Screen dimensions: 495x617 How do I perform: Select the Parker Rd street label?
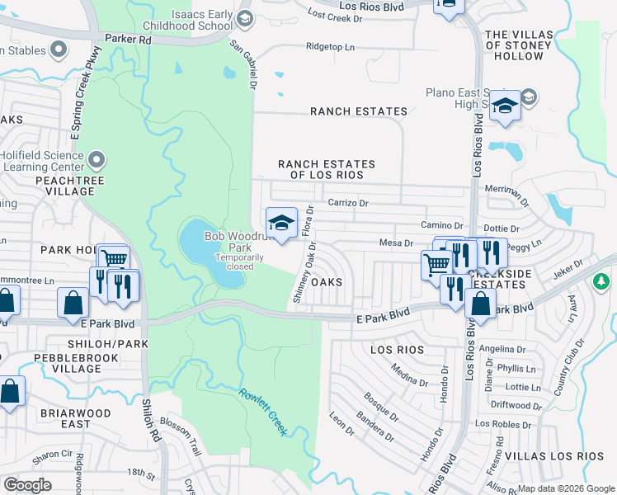coord(129,39)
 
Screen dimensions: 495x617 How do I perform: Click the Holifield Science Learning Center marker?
coord(97,159)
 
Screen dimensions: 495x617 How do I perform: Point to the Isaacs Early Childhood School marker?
coord(243,19)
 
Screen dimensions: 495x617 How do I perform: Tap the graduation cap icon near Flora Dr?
coord(281,222)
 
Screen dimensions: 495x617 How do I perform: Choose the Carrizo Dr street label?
coord(347,202)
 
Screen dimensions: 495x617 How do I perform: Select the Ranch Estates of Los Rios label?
coord(326,170)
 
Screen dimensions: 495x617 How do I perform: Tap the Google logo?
coord(28,485)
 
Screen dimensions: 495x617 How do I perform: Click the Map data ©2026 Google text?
coord(566,488)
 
